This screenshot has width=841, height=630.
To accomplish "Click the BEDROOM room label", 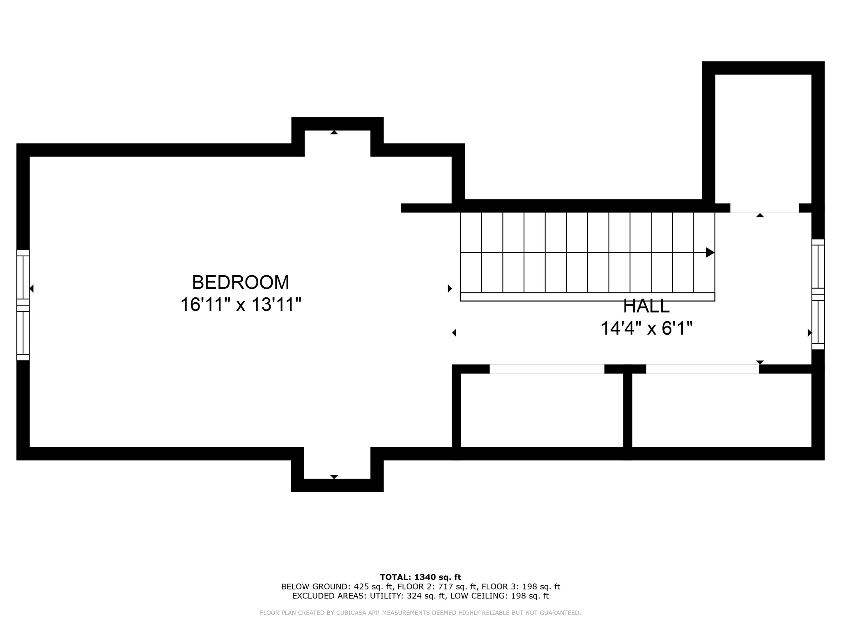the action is point(241,283).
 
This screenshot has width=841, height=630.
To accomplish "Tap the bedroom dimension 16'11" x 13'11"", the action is point(241,305).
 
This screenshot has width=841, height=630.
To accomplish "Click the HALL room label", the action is point(646,306).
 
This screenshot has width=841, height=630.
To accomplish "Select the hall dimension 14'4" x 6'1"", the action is point(647,328).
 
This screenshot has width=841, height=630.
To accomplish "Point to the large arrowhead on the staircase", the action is point(710,252).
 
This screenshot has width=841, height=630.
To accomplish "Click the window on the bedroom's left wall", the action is point(23,305).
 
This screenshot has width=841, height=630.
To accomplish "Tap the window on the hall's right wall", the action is point(818,294).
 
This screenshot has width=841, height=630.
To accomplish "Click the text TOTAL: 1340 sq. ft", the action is point(420,577).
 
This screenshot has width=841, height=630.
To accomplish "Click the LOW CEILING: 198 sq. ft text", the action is point(499,596).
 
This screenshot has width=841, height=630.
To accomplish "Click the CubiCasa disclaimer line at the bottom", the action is point(420,613).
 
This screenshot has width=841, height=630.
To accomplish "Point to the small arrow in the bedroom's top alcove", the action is point(334,132).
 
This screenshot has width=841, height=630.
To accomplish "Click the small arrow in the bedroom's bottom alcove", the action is point(334,477).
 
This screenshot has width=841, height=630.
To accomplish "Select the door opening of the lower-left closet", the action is point(547,369).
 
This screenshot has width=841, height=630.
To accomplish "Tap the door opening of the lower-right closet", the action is point(703,369).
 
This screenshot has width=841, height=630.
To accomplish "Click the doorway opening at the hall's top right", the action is point(765,208).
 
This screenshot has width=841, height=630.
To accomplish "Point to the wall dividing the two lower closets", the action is point(627,412).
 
